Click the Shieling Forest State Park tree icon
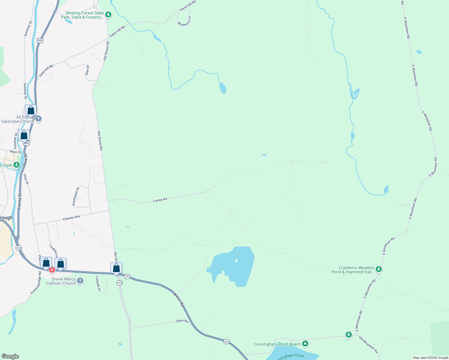click(108, 14)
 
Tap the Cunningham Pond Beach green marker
click(305, 343)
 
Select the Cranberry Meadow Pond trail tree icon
click(379, 269)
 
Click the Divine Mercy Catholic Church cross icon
click(80, 281)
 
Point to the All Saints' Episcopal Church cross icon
click(38, 118)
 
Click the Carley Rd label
click(160, 200)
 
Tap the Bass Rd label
click(182, 321)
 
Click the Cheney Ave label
click(71, 218)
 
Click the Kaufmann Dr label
click(76, 196)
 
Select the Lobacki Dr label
click(98, 283)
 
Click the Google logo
click(10, 356)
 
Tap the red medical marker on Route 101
click(52, 270)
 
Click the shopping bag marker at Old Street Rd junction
click(116, 268)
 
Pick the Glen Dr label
click(87, 70)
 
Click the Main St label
click(16, 152)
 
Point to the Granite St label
click(20, 202)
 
